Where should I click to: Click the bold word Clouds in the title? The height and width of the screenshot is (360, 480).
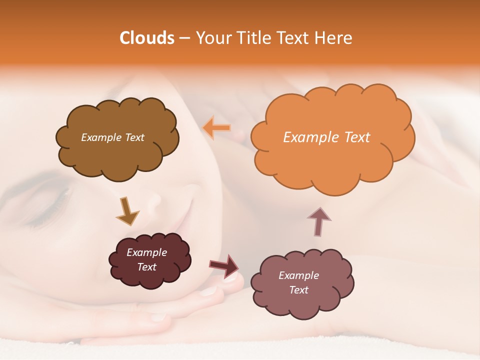coord(147,38)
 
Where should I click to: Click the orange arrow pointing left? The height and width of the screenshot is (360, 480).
coord(216,128)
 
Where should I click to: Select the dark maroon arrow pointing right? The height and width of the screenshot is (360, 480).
coord(224,265)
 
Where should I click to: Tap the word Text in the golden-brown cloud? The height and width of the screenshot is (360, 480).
coord(134,137)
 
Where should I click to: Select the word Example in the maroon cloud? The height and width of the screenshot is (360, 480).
coord(146,252)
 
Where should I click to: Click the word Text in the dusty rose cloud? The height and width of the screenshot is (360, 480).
coord(298,290)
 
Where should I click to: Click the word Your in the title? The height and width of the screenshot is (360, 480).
coord(211,38)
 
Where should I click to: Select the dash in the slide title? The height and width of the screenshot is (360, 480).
coord(184,38)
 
